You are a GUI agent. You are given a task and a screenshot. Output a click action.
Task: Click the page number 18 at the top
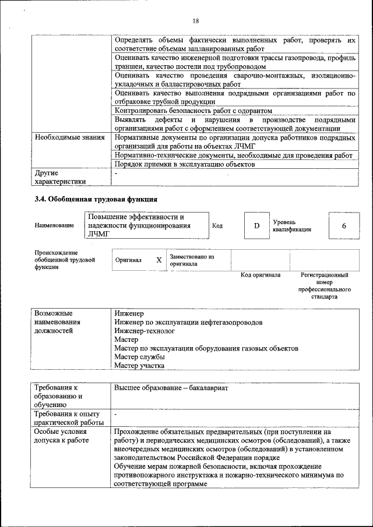pyautogui.click(x=196, y=21)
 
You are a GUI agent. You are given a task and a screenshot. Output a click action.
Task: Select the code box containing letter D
pyautogui.click(x=256, y=225)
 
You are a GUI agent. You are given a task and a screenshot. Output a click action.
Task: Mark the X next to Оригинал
pyautogui.click(x=159, y=260)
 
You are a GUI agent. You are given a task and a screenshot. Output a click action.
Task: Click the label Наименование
pyautogui.click(x=54, y=226)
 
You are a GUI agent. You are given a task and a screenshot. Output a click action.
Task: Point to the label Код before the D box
pyautogui.click(x=217, y=226)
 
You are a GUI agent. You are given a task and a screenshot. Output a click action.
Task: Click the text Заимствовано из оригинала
pyautogui.click(x=192, y=260)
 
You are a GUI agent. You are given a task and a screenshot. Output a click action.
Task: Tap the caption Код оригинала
pyautogui.click(x=261, y=275)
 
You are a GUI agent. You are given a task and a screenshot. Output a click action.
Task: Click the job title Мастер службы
pyautogui.click(x=139, y=356)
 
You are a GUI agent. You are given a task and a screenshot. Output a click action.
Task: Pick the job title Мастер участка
pyautogui.click(x=139, y=365)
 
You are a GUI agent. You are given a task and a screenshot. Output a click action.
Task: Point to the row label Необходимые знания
pyautogui.click(x=65, y=138)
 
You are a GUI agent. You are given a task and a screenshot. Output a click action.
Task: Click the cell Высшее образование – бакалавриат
pyautogui.click(x=171, y=387)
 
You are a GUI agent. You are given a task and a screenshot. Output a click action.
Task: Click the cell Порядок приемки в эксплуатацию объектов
pyautogui.click(x=185, y=164)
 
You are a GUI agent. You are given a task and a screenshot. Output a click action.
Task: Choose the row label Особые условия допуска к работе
pyautogui.click(x=61, y=436)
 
